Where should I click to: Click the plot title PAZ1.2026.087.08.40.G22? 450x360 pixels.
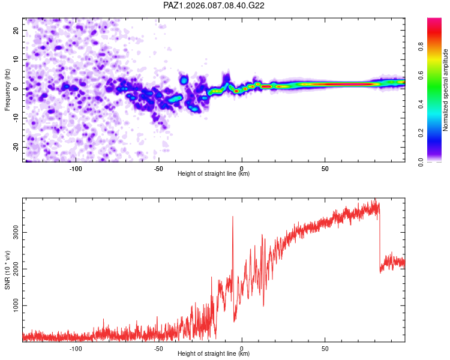(214, 5)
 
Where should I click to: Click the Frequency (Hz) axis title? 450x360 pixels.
(8, 89)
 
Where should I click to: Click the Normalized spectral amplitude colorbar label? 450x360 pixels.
(446, 90)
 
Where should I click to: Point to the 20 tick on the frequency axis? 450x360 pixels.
(17, 30)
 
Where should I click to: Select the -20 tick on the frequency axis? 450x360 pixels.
(17, 147)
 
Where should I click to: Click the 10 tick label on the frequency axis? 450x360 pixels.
(17, 59)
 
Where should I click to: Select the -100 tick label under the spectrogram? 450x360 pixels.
(76, 169)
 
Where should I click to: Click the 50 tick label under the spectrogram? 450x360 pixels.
(325, 169)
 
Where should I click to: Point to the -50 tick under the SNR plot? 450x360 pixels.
(158, 349)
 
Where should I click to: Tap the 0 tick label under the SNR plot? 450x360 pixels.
(242, 349)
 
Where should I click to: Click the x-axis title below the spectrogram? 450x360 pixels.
(214, 174)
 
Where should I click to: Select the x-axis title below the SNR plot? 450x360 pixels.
(214, 354)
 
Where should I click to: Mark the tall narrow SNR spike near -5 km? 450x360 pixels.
(233, 217)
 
